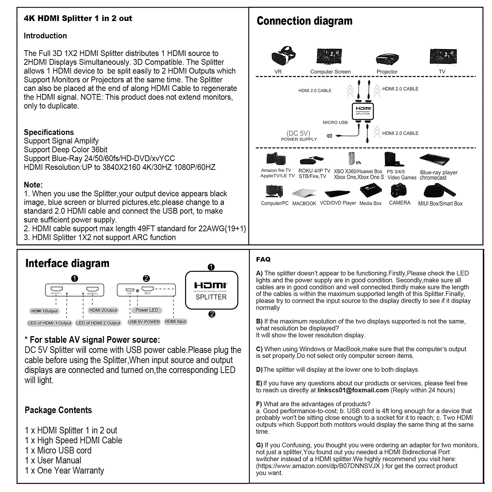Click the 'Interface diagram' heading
(67, 263)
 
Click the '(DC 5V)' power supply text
(298, 133)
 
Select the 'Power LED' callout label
(146, 310)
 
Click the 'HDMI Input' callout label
(175, 321)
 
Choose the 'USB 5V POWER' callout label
(144, 322)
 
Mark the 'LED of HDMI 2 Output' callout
(98, 323)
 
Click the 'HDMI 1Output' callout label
(44, 311)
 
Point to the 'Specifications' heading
(49, 132)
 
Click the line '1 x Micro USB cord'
(58, 450)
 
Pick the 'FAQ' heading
(263, 259)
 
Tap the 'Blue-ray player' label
(439, 172)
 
